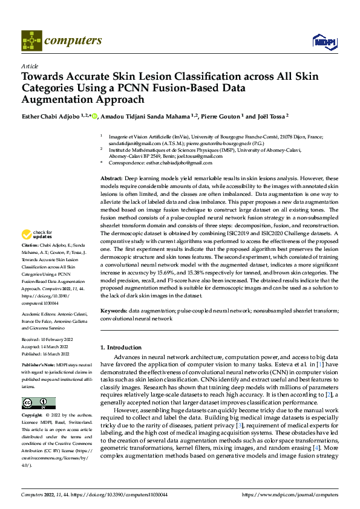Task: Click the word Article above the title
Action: click(30, 66)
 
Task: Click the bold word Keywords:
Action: click(113, 309)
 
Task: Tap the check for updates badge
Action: click(38, 235)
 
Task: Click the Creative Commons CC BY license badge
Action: click(38, 403)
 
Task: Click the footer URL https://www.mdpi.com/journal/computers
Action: click(289, 494)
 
